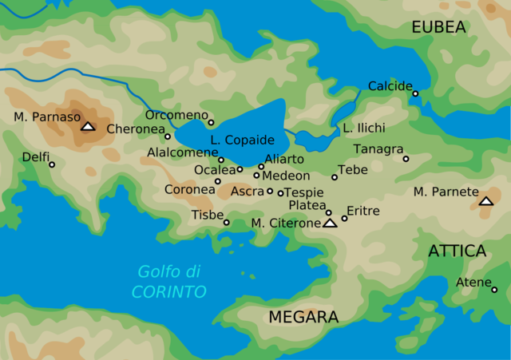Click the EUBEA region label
pos(438,28)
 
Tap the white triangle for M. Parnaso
pos(88,126)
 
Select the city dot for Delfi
pos(52,165)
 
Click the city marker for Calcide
pos(415,94)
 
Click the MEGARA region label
pos(303,318)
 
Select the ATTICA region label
pos(458,251)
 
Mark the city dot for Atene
pos(495,290)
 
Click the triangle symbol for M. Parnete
pos(486,201)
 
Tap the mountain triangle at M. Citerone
pos(330,224)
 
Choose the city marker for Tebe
pos(335,177)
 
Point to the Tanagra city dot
pos(406,159)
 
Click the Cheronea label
pos(135,129)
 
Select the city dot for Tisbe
pos(227,223)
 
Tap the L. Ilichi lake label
pos(364,129)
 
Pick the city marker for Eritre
pos(345,218)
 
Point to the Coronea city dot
pos(218,181)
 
